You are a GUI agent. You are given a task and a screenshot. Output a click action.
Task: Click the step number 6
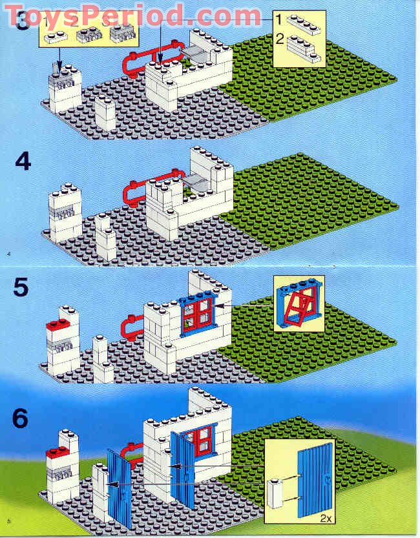pyautogui.click(x=21, y=419)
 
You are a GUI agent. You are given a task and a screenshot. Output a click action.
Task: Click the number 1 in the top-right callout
pyautogui.click(x=279, y=21)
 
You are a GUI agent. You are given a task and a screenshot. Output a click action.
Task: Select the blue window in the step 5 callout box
pyautogui.click(x=299, y=304)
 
